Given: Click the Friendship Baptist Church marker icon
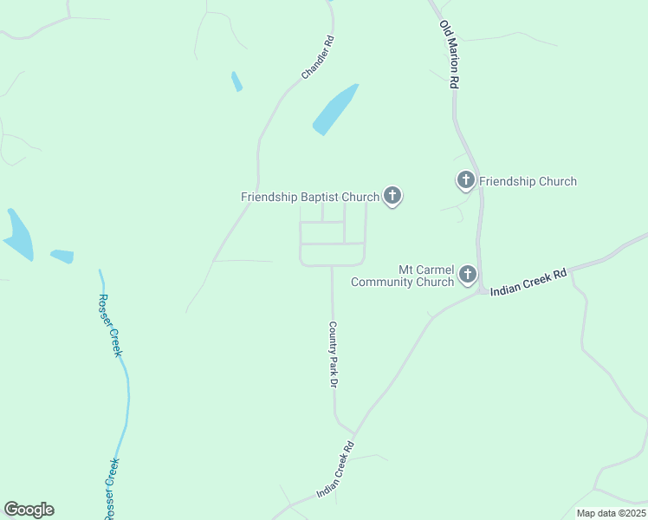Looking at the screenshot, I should (392, 196).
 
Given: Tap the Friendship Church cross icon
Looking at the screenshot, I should (466, 180).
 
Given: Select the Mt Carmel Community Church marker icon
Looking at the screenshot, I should (468, 275).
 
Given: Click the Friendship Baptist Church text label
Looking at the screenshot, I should (309, 197).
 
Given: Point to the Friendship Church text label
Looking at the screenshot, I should (528, 181).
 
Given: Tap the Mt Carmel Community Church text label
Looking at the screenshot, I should (403, 276).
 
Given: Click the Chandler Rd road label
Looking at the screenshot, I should (317, 58).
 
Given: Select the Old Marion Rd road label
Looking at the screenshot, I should (449, 55).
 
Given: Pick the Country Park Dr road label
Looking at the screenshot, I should (333, 355).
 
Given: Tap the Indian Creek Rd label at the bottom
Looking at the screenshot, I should (335, 471).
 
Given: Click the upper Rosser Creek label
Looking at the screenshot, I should (110, 325).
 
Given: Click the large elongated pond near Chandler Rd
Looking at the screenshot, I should (334, 110).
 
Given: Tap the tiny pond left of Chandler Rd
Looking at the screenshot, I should (237, 81).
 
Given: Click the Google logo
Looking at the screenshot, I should (29, 510).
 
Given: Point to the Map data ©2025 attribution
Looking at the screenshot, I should (610, 513).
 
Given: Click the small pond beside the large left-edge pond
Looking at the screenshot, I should (62, 257).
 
